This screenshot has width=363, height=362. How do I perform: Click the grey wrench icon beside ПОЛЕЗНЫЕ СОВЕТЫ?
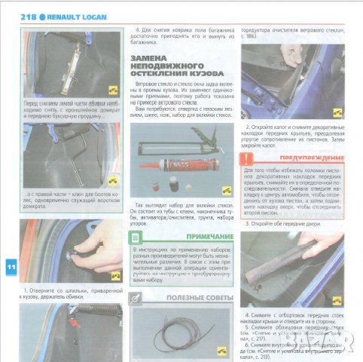coord(136,299)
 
